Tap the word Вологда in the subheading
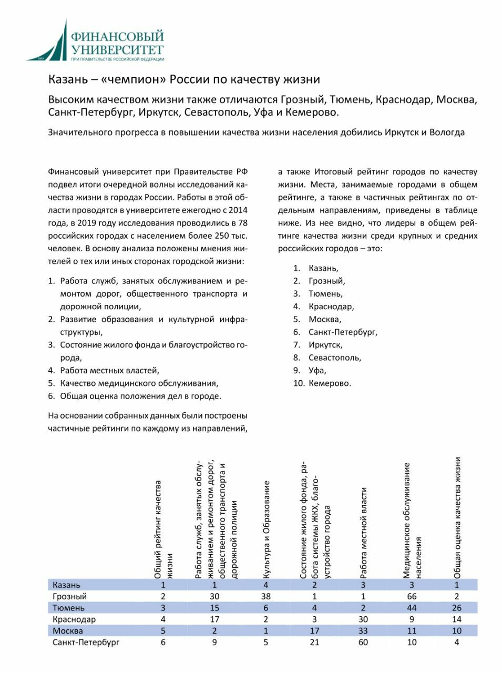447,132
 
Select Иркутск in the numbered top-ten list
325,345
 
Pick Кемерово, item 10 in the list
330,383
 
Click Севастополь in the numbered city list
335,358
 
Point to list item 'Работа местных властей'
109,371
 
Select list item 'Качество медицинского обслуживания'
139,383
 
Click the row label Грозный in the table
69,596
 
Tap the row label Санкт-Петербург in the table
86,642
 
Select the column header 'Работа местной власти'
363,532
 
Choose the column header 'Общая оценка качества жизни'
457,518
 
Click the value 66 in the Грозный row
412,596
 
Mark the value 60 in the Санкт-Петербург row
363,642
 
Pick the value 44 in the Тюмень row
412,608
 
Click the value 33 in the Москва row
363,630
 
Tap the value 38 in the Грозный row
266,596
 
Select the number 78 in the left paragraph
242,223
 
